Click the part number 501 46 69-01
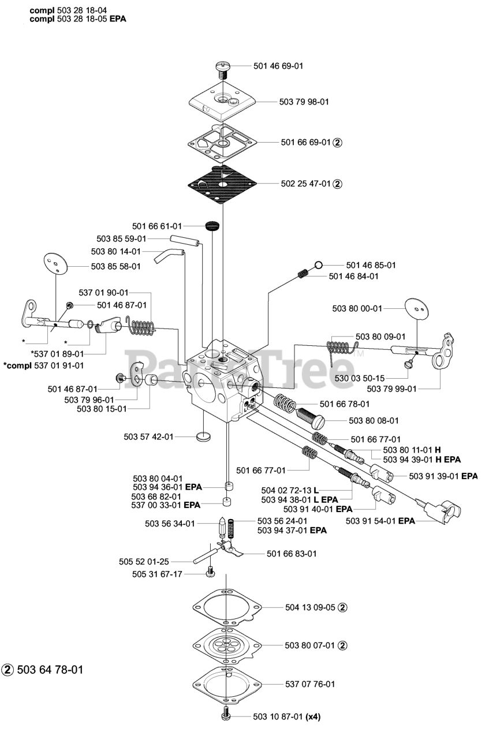click(x=278, y=66)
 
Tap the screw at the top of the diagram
click(x=223, y=69)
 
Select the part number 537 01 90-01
click(x=103, y=293)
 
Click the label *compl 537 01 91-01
click(x=43, y=365)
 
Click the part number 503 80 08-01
click(x=374, y=421)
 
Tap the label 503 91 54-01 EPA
click(x=380, y=520)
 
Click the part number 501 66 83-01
click(x=292, y=554)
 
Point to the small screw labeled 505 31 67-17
click(x=211, y=573)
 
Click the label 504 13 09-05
click(x=310, y=607)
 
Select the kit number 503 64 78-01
click(x=50, y=670)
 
